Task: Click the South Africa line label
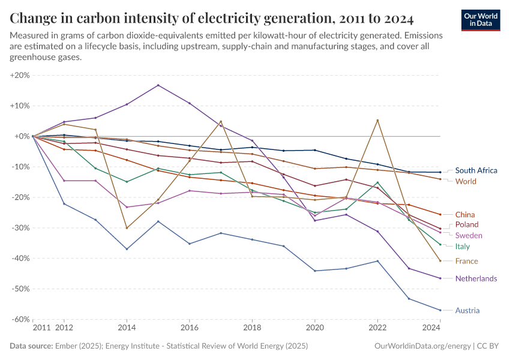476,170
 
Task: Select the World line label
466,181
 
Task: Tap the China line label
465,215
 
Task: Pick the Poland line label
467,225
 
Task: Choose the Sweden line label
469,235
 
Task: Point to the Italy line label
462,247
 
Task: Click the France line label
466,261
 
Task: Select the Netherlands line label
476,278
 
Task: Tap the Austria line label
467,311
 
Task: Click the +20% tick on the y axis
20,76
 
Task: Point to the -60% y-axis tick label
20,319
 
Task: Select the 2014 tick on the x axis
127,328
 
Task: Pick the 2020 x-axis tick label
314,328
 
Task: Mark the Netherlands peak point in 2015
158,85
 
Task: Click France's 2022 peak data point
377,120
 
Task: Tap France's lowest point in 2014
127,228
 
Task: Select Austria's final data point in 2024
440,310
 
